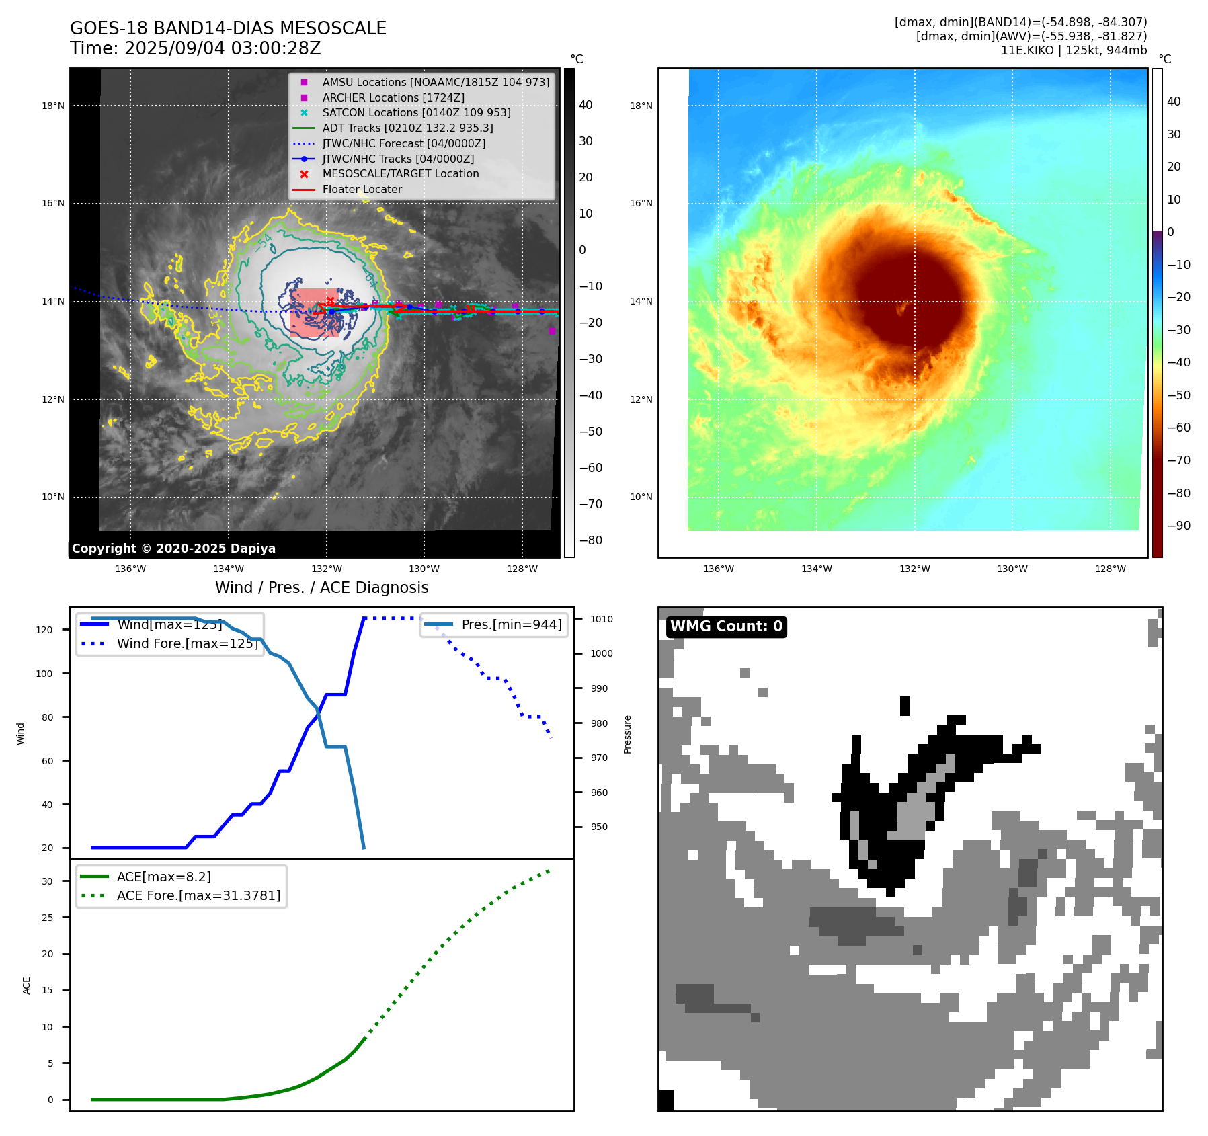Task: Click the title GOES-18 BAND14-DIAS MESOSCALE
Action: tap(228, 28)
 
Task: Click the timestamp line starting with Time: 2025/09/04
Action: tap(195, 48)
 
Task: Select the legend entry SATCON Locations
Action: tap(416, 112)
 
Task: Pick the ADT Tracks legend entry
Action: tap(407, 128)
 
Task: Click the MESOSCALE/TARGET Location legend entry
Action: tap(401, 173)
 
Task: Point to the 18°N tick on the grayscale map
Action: tap(53, 106)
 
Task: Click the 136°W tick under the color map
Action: tap(718, 569)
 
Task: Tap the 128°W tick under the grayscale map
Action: tap(522, 569)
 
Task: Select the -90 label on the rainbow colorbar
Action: tap(1178, 526)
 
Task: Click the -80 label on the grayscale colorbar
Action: tap(591, 540)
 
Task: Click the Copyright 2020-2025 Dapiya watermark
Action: tap(173, 549)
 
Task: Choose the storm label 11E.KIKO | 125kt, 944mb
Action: tap(1074, 50)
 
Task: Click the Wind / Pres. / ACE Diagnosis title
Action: tap(321, 587)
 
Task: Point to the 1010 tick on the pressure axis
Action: tap(602, 619)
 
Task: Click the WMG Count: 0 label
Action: tap(726, 626)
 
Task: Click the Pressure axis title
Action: tap(627, 734)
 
